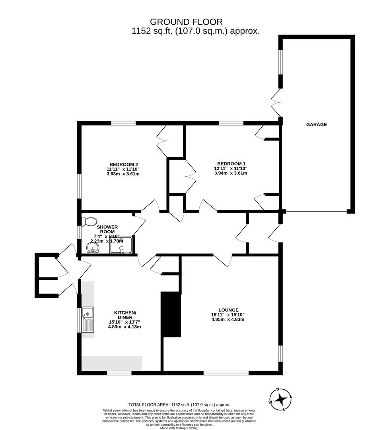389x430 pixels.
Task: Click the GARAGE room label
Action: point(316,125)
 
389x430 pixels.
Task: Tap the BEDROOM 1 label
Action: point(230,164)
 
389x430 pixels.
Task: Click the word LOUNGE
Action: point(228,310)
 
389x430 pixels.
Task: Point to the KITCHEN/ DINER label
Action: point(125,315)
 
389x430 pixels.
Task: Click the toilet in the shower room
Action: point(89,221)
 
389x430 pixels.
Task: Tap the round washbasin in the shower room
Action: point(93,248)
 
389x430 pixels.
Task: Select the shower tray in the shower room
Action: point(121,245)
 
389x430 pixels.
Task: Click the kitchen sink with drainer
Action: point(88,320)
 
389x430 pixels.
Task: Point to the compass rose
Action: point(280,399)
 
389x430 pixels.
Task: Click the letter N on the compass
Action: point(278,389)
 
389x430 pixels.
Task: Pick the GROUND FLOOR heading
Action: point(186,21)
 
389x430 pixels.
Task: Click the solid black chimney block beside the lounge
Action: point(171,314)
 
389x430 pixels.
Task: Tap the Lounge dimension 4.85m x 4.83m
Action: point(228,319)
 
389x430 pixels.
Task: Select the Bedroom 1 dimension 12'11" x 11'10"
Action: point(231,168)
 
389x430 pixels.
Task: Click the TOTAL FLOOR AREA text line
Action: point(179,405)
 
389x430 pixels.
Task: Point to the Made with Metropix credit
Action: point(179,428)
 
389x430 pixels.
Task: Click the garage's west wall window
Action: point(280,62)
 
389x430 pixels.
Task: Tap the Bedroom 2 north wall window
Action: point(123,123)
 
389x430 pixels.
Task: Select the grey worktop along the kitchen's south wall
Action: point(112,363)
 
